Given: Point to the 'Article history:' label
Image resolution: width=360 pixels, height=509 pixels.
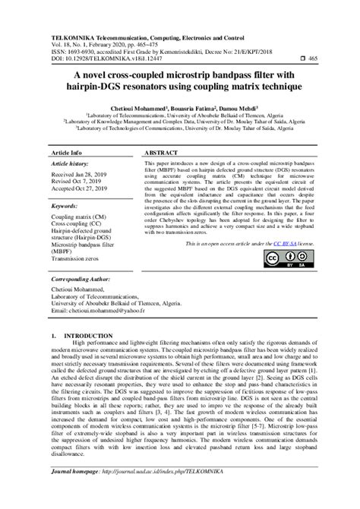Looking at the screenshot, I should tap(73, 163).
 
